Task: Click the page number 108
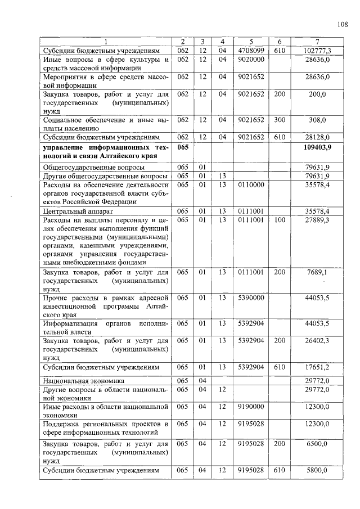click(343, 24)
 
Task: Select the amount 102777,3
click(317, 51)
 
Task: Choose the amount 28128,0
click(317, 137)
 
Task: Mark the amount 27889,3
click(317, 219)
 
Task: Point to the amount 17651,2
click(317, 367)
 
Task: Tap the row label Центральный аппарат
click(71, 211)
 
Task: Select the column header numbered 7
click(317, 42)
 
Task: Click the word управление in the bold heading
click(66, 146)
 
